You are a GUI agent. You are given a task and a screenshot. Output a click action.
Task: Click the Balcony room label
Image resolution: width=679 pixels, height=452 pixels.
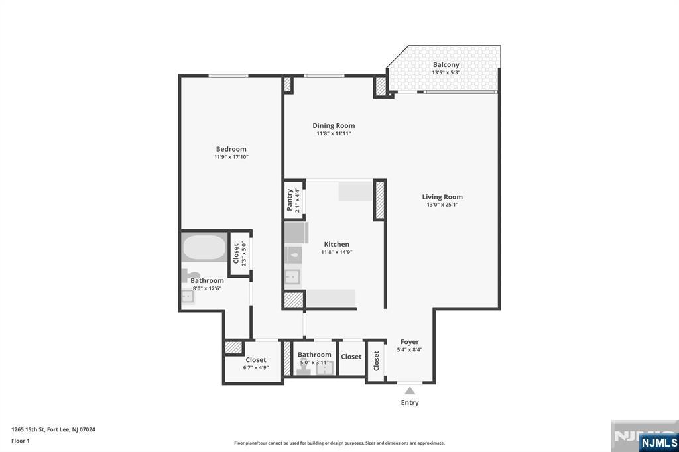pos(446,65)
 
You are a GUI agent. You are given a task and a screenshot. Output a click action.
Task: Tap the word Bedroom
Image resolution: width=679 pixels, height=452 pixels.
pos(231,149)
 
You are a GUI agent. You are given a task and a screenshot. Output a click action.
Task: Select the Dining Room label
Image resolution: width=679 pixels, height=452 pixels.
pos(334,125)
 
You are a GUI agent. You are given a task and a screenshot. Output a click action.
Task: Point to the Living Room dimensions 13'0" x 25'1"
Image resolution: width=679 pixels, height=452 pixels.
pos(442,205)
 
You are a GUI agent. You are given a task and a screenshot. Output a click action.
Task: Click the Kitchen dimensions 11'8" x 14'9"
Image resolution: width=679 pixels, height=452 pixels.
pos(336,252)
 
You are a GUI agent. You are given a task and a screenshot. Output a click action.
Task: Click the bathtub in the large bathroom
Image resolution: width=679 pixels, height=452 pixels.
pos(204,248)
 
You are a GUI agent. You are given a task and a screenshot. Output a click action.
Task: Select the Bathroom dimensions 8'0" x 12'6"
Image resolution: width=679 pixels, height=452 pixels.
pos(207,288)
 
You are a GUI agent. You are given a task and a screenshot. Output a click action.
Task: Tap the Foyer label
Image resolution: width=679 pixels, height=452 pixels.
pos(409,342)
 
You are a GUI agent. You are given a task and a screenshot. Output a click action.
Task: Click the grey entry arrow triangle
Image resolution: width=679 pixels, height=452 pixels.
pos(410,390)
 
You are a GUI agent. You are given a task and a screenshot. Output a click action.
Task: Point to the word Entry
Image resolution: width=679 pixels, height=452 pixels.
pos(410,402)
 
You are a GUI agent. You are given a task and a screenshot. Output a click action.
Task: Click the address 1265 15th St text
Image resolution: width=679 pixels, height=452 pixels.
pos(53,429)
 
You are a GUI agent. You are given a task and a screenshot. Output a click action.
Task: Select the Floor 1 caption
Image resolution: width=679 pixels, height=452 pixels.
pos(21,440)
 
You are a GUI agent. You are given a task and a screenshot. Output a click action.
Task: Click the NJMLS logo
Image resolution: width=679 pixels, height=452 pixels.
pos(658,442)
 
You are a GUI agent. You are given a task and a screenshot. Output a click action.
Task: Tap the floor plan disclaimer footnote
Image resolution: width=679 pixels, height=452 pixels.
pos(339,443)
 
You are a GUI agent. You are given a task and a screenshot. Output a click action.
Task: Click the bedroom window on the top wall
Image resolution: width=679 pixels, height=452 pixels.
pos(228,76)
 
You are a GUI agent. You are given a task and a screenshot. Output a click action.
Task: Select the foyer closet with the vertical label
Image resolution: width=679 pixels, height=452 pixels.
pos(376,361)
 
